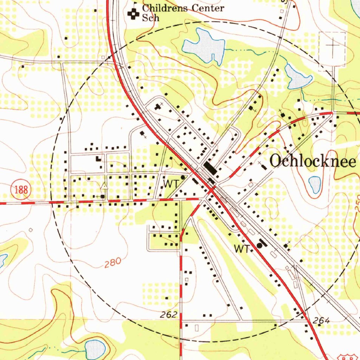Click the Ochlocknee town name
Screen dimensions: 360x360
pyautogui.click(x=313, y=161)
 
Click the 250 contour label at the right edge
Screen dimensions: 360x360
pyautogui.click(x=357, y=204)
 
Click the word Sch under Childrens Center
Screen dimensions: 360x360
pyautogui.click(x=150, y=18)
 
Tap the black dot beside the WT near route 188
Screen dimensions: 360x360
pyautogui.click(x=183, y=178)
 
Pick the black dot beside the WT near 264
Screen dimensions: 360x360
pyautogui.click(x=260, y=245)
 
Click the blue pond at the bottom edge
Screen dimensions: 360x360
pyautogui.click(x=95, y=349)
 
